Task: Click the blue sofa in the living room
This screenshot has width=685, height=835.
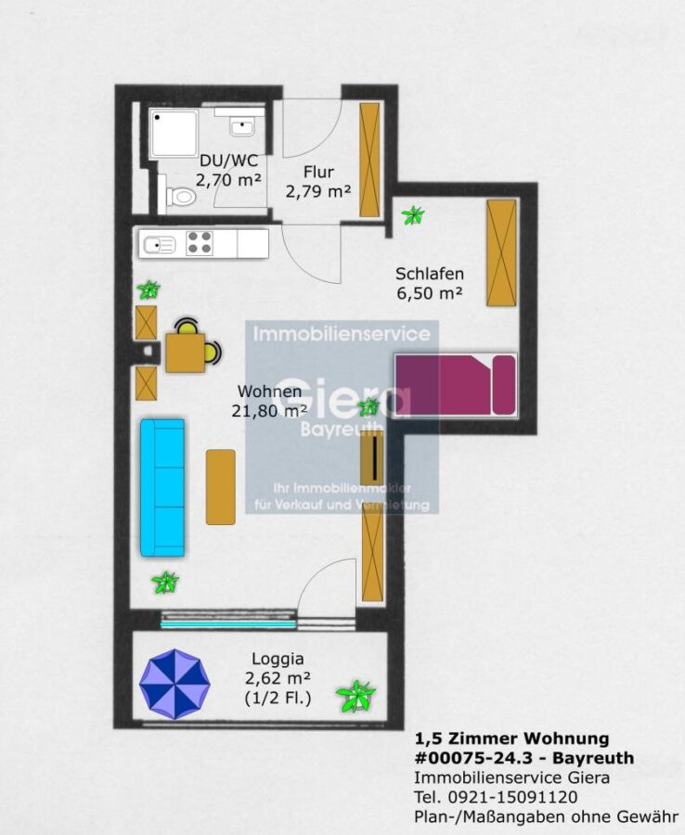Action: point(162,487)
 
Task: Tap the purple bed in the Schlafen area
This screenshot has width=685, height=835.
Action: point(456,384)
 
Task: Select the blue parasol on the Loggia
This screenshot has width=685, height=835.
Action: point(174,684)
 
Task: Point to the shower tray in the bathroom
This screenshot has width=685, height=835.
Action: point(174,133)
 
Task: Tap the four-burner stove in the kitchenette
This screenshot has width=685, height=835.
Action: point(200,243)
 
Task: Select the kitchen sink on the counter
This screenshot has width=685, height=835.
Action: point(160,245)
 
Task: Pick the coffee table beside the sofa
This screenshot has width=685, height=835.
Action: point(221,487)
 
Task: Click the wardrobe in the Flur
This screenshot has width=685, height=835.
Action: point(369,160)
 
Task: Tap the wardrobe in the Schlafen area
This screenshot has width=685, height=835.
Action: point(502,252)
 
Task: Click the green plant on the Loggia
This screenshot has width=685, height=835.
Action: point(355,696)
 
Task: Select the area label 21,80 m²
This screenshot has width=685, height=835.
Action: point(269,411)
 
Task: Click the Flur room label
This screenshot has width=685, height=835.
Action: point(318,172)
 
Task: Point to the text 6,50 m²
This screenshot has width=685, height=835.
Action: point(430,292)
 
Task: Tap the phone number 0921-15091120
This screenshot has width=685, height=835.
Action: point(513,797)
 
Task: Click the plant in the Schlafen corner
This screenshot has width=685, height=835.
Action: point(413,215)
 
